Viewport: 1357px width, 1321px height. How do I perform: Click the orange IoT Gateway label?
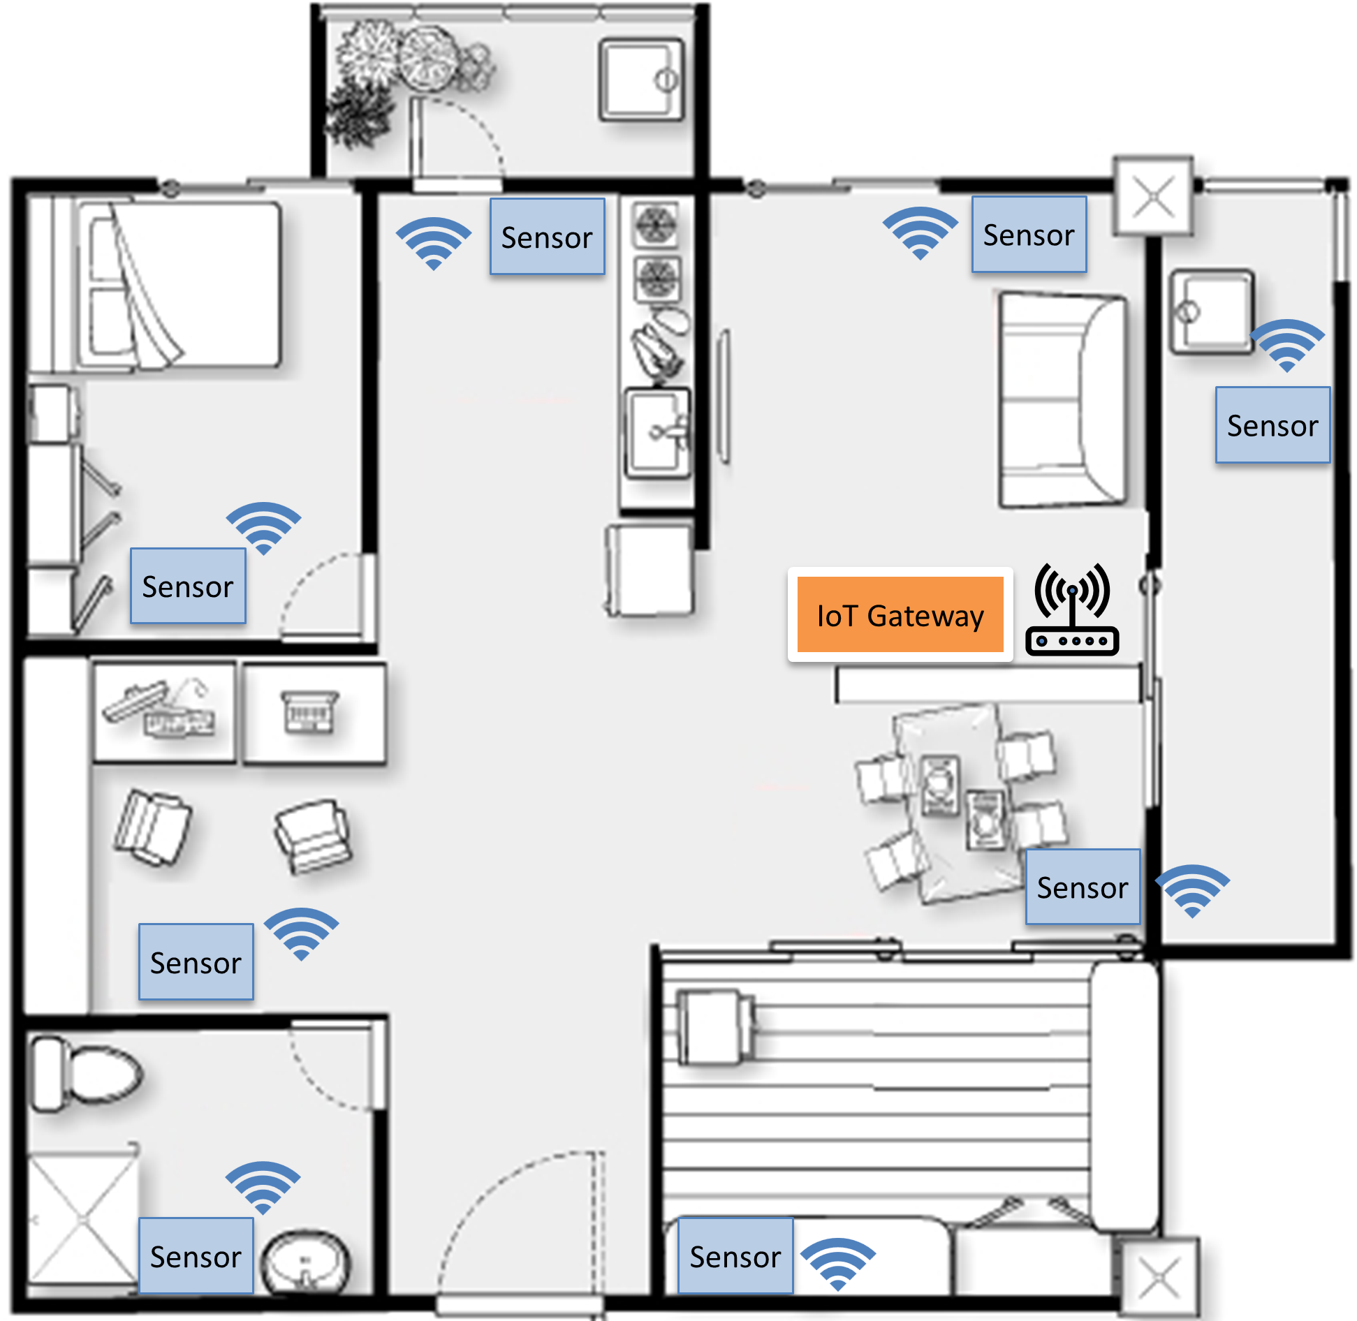(900, 614)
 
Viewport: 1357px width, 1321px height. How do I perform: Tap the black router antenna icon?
(1072, 609)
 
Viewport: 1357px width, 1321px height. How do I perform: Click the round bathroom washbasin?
(306, 1262)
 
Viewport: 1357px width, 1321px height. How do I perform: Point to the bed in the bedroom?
(178, 285)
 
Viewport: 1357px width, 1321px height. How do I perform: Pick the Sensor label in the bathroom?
(196, 1256)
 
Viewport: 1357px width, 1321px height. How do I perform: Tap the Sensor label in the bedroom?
(188, 586)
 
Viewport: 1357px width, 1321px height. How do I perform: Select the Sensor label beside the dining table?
(1083, 887)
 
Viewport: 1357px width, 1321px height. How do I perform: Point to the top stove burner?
(655, 225)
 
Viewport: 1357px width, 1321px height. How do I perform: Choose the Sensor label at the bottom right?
(735, 1256)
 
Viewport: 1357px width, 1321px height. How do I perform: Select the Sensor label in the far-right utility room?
(1272, 425)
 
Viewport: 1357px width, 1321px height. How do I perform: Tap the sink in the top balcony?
(641, 80)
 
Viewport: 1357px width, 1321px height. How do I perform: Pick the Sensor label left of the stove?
(548, 237)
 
